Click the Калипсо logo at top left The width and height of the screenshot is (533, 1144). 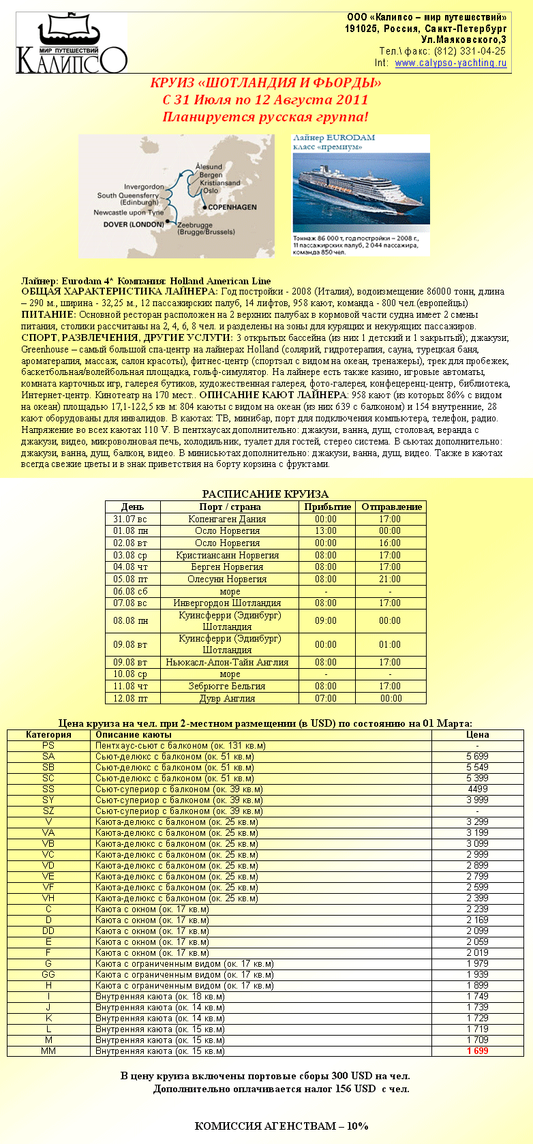click(72, 44)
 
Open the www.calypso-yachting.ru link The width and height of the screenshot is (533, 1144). click(451, 63)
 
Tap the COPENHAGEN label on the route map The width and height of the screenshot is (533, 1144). click(232, 207)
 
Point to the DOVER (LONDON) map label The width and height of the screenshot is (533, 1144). click(134, 224)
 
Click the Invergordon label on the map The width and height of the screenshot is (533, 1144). click(144, 186)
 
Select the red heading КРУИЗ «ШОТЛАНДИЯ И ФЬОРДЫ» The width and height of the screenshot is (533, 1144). click(265, 83)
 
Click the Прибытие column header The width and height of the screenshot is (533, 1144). click(327, 507)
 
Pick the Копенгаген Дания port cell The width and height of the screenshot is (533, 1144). click(227, 519)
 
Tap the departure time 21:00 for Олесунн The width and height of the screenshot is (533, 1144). click(390, 579)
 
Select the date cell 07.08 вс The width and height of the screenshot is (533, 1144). click(130, 603)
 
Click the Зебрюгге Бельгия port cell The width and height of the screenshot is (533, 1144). click(227, 686)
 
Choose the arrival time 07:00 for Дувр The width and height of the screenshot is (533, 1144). click(326, 698)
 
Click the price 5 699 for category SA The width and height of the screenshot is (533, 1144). click(477, 756)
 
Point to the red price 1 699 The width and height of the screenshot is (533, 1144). click(477, 1051)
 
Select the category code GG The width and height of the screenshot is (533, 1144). click(48, 974)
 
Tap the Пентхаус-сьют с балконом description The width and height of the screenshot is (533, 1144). click(170, 745)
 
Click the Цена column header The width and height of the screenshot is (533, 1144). click(477, 734)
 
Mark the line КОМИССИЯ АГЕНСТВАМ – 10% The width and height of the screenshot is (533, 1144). click(281, 1126)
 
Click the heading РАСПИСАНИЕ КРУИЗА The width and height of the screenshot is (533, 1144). click(265, 494)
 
